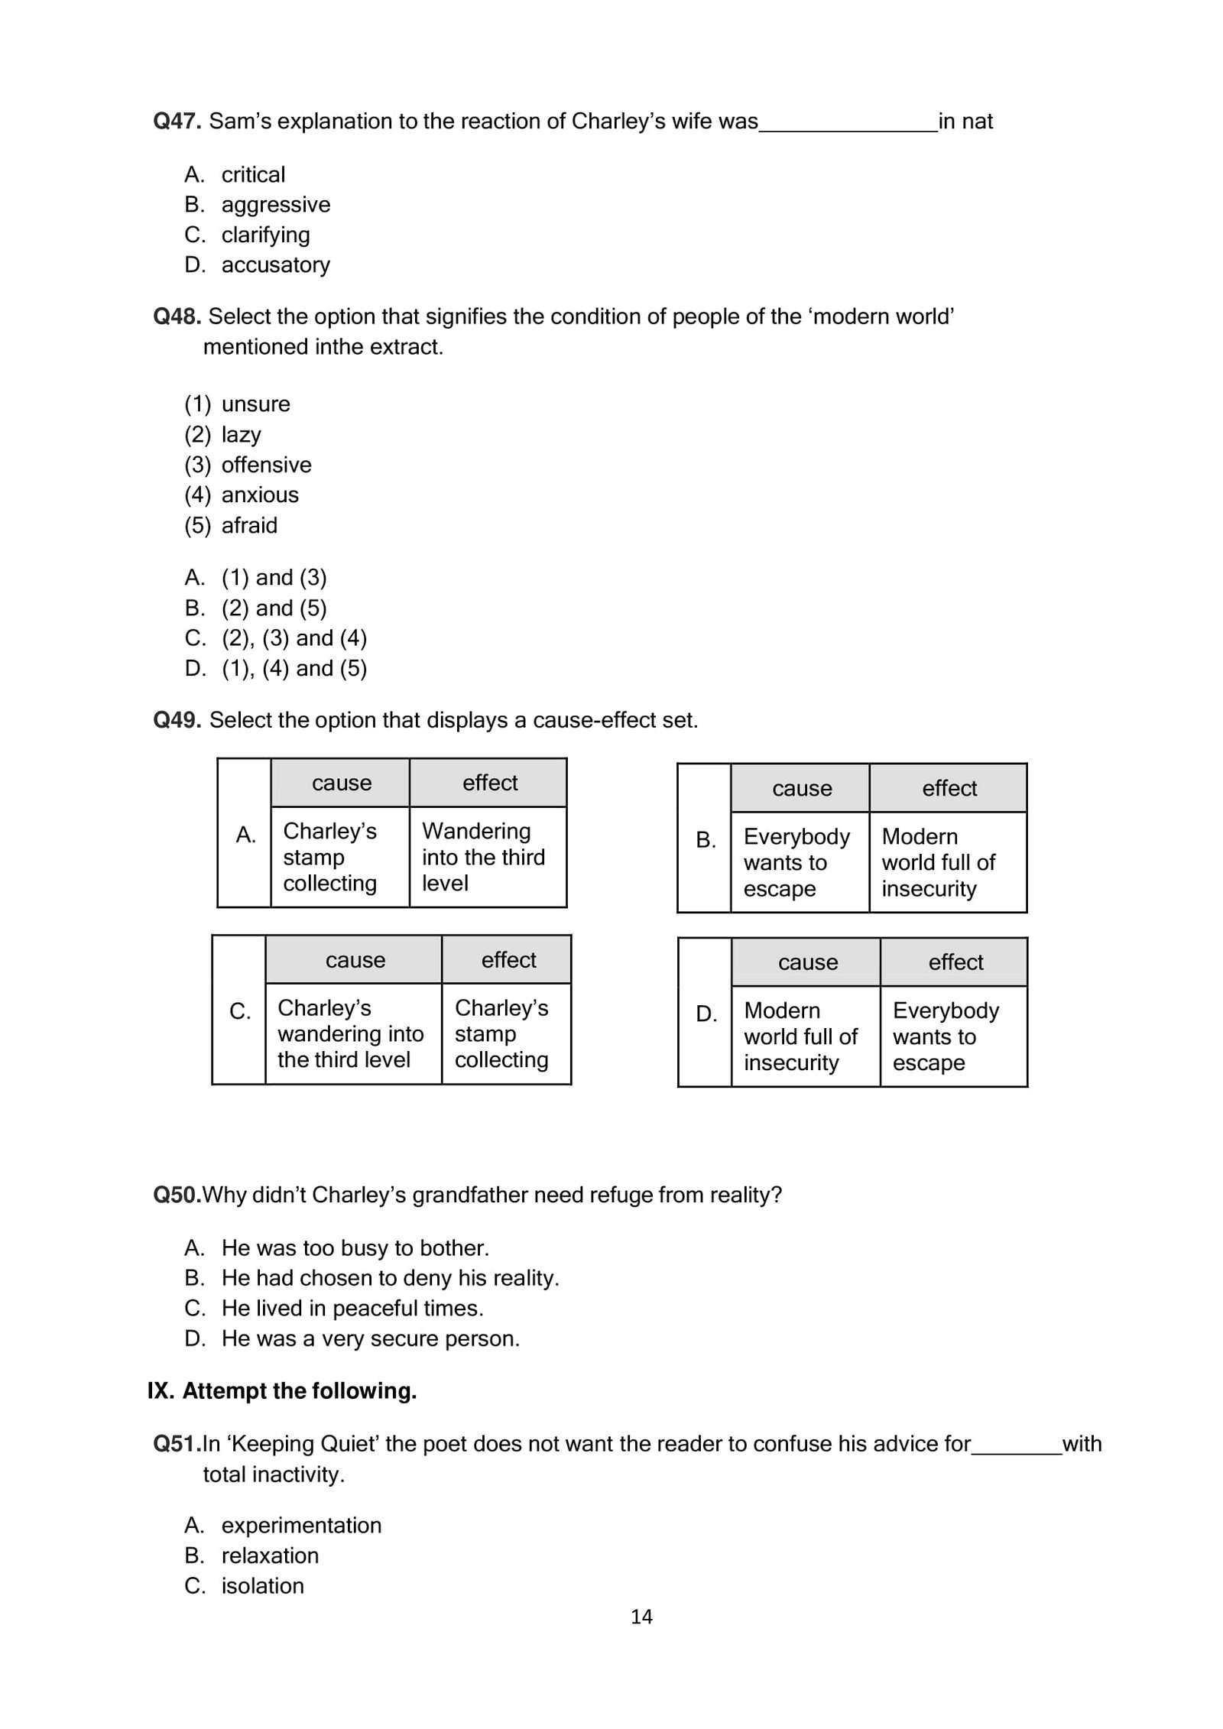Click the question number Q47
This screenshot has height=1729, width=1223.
click(x=177, y=121)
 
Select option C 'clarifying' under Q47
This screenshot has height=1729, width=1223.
click(x=265, y=235)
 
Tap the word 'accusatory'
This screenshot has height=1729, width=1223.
click(x=275, y=264)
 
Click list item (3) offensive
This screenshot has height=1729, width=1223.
click(x=266, y=465)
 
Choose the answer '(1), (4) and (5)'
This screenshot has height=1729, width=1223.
click(x=294, y=668)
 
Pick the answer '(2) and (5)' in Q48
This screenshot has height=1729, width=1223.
click(x=274, y=608)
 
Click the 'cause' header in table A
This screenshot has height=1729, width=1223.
click(x=341, y=783)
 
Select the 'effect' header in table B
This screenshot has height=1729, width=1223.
click(x=949, y=788)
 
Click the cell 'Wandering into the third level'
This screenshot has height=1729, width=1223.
click(x=483, y=857)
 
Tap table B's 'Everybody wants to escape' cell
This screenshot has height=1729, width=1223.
click(x=796, y=862)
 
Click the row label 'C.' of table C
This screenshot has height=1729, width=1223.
click(x=240, y=1011)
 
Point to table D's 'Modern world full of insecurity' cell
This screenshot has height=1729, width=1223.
click(x=800, y=1036)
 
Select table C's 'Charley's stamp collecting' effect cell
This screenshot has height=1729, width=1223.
click(x=501, y=1033)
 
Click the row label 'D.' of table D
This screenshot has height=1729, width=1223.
click(x=706, y=1014)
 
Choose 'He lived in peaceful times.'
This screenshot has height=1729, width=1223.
click(x=352, y=1308)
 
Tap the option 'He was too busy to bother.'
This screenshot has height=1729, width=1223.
click(x=355, y=1247)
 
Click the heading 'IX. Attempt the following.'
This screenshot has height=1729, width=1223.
click(x=282, y=1390)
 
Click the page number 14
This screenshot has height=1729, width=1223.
click(x=641, y=1616)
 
